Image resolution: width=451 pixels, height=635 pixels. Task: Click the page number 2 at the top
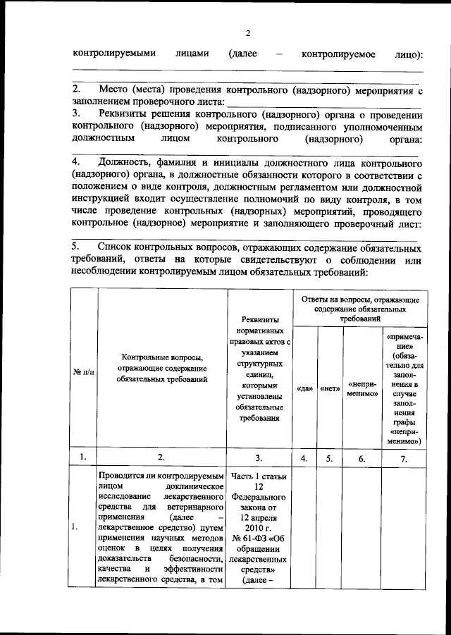coord(247,33)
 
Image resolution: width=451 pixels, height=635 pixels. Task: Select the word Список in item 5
coord(117,247)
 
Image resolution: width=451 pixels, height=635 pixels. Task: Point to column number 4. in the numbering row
coord(305,457)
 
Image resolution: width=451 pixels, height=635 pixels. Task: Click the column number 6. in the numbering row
coord(362,457)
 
